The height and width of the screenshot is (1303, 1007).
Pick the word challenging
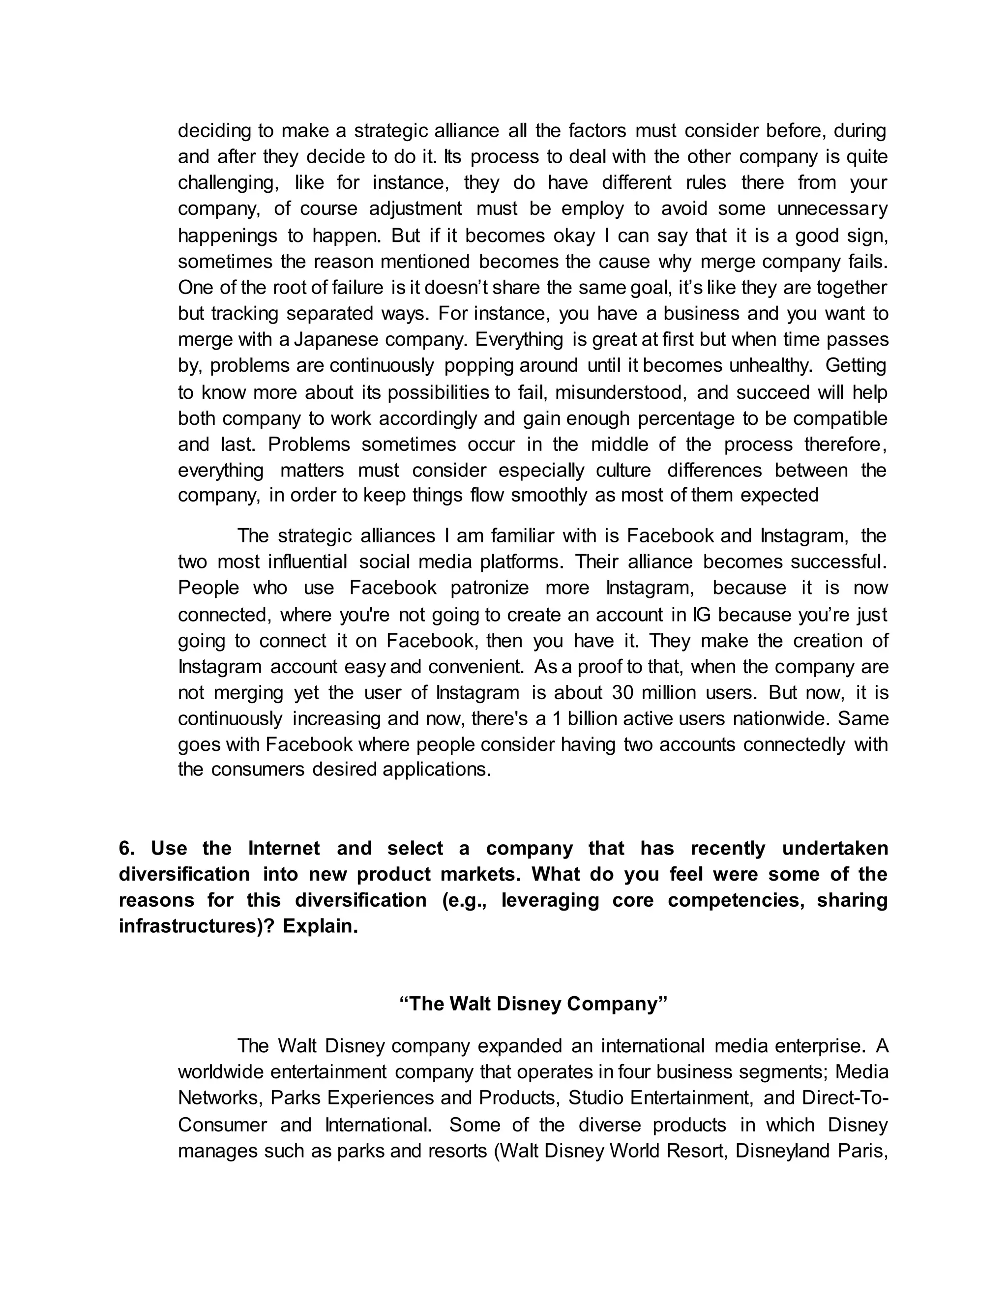click(x=227, y=182)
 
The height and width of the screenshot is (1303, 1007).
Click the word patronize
click(x=489, y=588)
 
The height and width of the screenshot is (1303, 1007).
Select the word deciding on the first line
click(x=213, y=130)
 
